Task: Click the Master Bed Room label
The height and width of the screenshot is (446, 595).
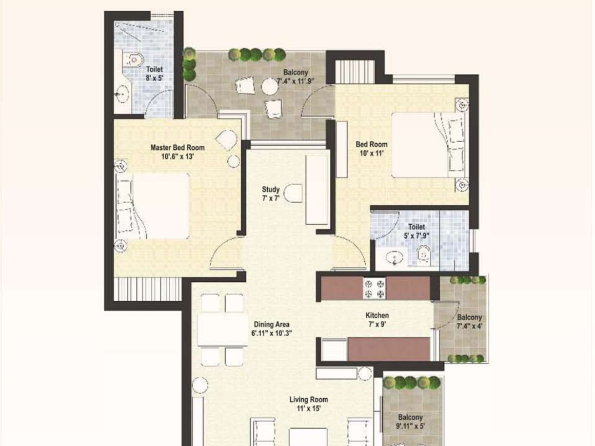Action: click(x=177, y=148)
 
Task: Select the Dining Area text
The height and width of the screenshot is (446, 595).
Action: click(x=271, y=324)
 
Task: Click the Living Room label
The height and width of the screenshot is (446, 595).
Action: click(x=308, y=399)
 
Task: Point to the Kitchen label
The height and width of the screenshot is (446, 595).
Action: click(x=377, y=315)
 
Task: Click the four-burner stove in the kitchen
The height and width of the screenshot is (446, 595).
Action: click(x=374, y=288)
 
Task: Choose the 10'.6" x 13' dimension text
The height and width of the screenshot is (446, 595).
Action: click(x=177, y=157)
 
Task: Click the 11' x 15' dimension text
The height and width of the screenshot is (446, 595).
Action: click(x=308, y=409)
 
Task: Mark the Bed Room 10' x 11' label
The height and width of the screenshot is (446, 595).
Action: click(x=371, y=148)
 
